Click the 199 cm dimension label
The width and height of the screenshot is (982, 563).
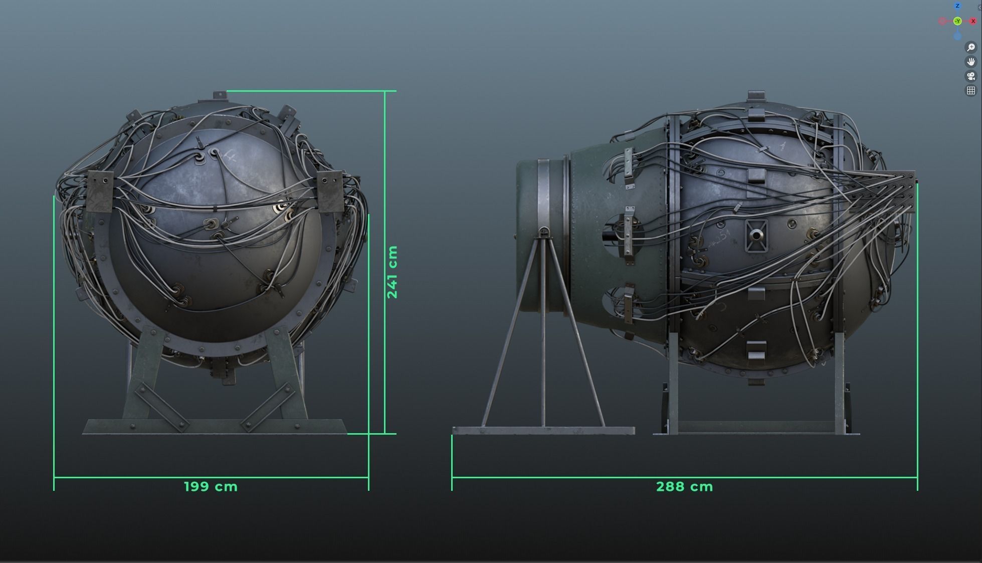(211, 486)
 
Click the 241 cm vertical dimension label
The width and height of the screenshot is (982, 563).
(392, 272)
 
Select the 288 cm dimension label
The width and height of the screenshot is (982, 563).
(684, 486)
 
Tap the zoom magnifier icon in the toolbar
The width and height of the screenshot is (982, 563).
(971, 47)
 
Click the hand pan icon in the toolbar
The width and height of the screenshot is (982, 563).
(971, 62)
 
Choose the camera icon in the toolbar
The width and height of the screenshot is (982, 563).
(971, 76)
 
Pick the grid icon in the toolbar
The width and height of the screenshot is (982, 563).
(971, 91)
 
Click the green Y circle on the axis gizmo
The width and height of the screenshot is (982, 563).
(957, 21)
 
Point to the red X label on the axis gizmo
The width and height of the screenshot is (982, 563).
(973, 21)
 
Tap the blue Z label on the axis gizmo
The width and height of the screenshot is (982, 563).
(957, 6)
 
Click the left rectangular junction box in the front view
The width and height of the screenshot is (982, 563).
(100, 191)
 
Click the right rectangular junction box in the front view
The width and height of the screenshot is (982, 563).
(329, 191)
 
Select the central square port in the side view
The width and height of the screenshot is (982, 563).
(756, 235)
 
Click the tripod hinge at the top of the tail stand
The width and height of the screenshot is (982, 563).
(543, 232)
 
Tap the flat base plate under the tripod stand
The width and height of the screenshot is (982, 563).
(543, 430)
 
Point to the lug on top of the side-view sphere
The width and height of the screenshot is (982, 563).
(756, 95)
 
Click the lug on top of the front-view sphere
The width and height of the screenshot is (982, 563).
(220, 95)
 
